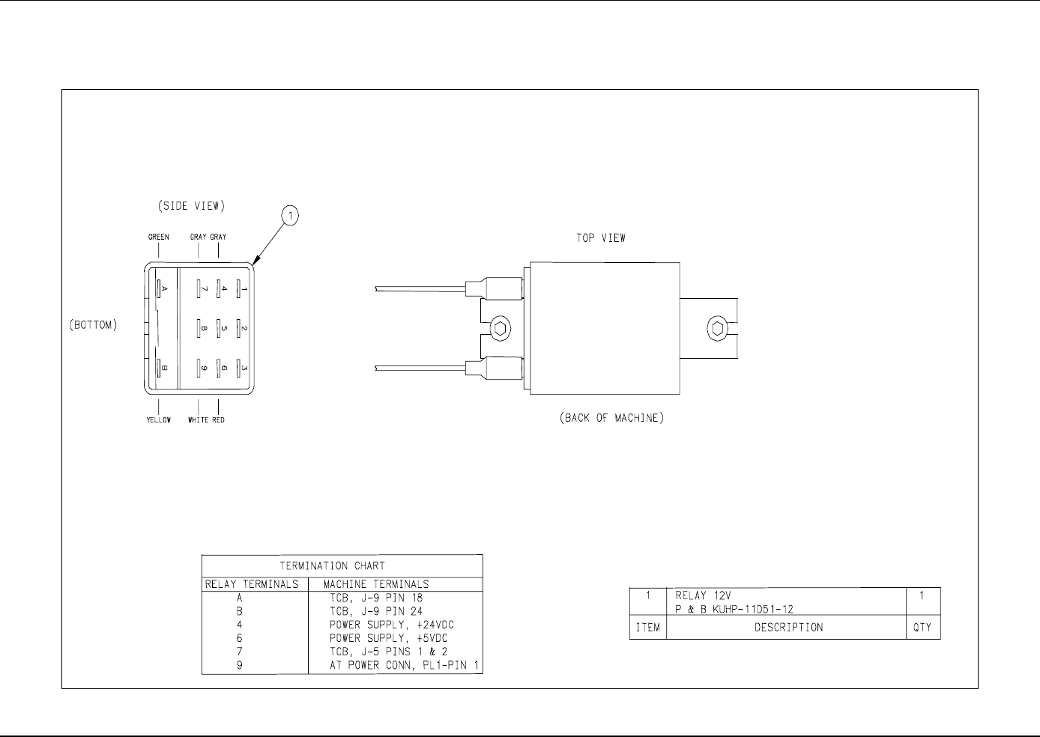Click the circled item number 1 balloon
pyautogui.click(x=290, y=216)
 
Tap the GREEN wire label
pyautogui.click(x=158, y=237)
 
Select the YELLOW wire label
pyautogui.click(x=158, y=419)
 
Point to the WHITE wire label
pyautogui.click(x=198, y=419)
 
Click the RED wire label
pyautogui.click(x=218, y=419)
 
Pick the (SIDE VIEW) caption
pyautogui.click(x=191, y=206)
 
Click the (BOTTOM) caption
pyautogui.click(x=94, y=325)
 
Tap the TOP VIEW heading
pyautogui.click(x=601, y=238)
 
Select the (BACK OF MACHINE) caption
pyautogui.click(x=611, y=418)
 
